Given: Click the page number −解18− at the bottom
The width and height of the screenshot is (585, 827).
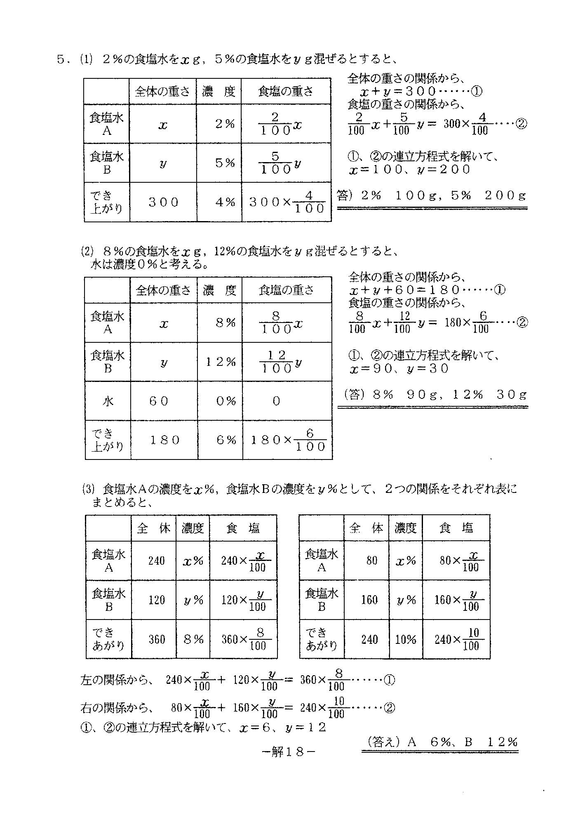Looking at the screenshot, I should pos(289,752).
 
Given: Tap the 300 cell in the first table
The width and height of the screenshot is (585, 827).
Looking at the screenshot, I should pos(164,202).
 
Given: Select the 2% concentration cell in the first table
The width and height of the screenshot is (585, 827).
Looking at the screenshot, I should pos(225,124).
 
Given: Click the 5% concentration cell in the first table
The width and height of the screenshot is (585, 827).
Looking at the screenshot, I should pos(225,163).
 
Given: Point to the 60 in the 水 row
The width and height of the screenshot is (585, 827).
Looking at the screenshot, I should pos(159,401).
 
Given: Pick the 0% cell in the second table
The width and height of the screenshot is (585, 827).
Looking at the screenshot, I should pos(226,401).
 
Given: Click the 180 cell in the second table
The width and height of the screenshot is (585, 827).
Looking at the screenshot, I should pos(164,440).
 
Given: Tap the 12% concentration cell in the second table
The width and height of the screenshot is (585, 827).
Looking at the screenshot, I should pos(221,362).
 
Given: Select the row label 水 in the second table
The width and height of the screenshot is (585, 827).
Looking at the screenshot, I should pos(108,401).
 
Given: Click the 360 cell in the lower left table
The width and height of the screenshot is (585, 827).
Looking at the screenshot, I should pos(156,639).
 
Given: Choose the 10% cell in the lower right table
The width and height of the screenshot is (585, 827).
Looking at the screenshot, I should pos(406,639).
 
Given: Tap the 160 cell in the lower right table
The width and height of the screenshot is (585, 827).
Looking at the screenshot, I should pos(369,600).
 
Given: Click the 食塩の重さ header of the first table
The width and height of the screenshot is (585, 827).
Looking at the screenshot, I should pos(286,91).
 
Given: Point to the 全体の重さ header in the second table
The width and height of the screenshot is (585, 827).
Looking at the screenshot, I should pos(163,290).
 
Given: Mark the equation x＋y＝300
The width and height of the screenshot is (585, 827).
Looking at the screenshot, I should pos(421,91).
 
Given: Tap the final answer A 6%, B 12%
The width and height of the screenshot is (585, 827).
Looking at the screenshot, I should pos(440,742).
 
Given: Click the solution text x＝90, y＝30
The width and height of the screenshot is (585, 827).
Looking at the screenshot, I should pos(399,369).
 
